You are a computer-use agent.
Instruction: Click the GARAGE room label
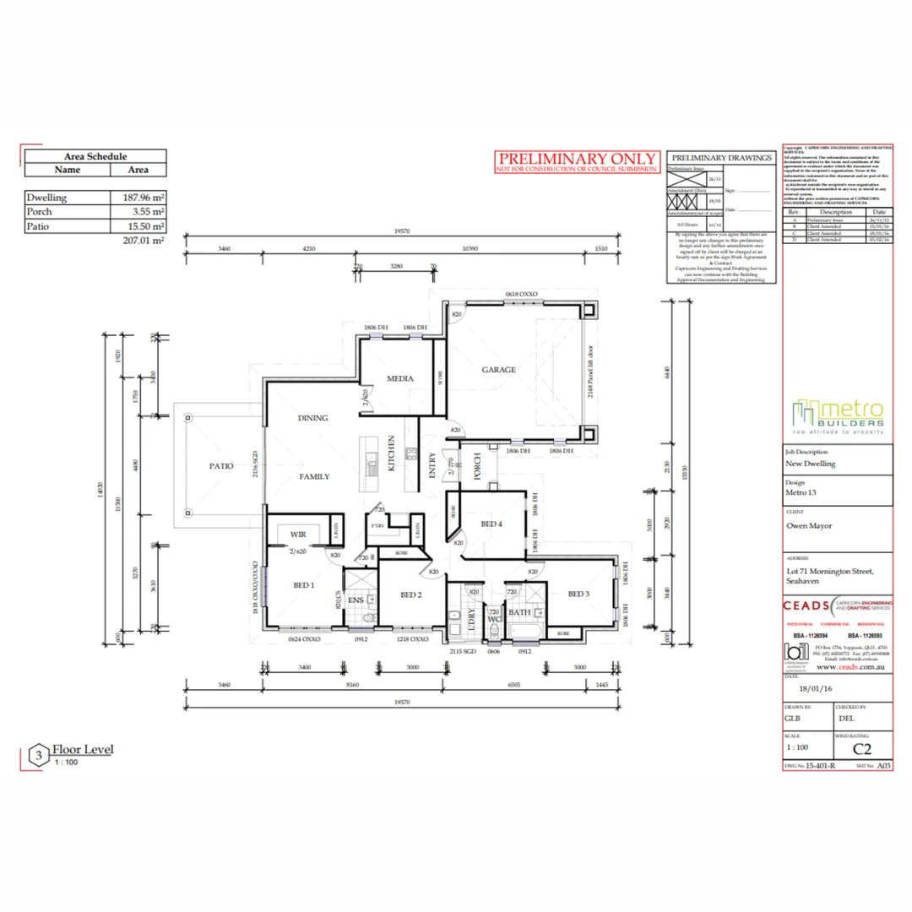pos(499,370)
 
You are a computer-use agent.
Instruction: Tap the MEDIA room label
pos(400,378)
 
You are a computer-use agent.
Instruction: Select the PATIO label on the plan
pos(221,465)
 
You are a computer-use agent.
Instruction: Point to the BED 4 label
pos(491,524)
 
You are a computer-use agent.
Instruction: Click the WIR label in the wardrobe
pos(298,535)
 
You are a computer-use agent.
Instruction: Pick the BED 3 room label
pos(578,594)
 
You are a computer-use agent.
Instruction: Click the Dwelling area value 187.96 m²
pos(138,198)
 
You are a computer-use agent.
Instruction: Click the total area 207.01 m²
pos(144,240)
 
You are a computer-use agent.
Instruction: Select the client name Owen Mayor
pos(809,525)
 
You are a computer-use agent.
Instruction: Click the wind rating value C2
pos(862,748)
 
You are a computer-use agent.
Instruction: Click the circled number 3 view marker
pos(38,753)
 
